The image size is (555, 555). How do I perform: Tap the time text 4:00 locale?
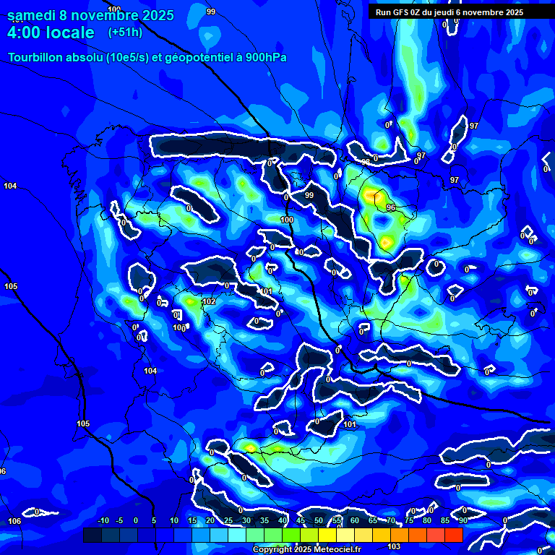tap(51, 33)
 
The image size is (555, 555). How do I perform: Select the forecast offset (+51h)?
tap(125, 33)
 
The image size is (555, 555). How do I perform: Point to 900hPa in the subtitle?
tap(266, 58)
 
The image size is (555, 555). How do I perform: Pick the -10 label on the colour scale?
tap(103, 520)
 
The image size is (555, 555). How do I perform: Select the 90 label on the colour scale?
tap(462, 520)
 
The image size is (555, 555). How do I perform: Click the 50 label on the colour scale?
tap(319, 520)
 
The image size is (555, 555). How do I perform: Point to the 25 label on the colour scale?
tap(228, 520)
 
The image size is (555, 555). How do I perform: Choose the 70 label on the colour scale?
tap(391, 520)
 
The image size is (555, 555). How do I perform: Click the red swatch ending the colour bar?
tap(453, 535)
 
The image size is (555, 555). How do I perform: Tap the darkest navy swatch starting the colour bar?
tap(92, 535)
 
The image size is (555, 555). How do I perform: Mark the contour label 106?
tap(14, 521)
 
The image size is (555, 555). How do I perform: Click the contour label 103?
tap(395, 546)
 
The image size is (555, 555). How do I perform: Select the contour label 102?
tap(210, 301)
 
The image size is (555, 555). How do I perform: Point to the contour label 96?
tap(391, 207)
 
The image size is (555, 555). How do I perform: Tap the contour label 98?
tap(366, 162)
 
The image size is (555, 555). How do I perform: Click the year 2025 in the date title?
tap(152, 15)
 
